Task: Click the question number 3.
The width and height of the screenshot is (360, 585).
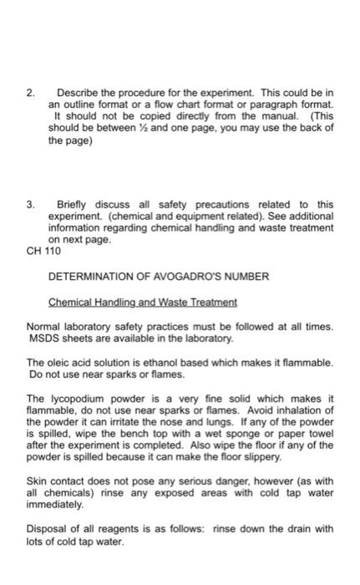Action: pyautogui.click(x=32, y=205)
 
